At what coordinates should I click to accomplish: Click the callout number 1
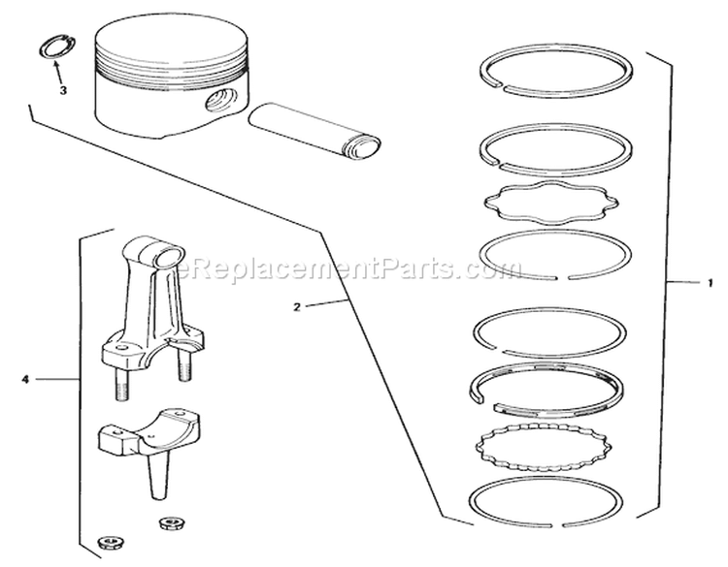[x=710, y=282]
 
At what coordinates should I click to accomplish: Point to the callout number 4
[x=23, y=380]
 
